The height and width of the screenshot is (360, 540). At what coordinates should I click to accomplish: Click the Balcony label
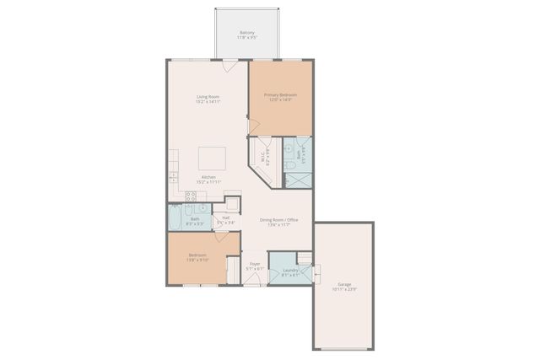tap(247, 33)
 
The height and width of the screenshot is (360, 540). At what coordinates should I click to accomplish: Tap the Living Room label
tap(208, 97)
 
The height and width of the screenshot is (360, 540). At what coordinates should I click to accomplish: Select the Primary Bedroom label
tap(280, 95)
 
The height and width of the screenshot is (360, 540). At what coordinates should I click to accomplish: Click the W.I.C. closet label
tap(265, 156)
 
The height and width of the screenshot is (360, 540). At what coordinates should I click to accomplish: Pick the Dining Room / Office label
tap(278, 220)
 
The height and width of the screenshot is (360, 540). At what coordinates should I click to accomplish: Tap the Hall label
tap(223, 219)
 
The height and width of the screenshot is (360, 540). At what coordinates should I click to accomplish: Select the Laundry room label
tap(290, 270)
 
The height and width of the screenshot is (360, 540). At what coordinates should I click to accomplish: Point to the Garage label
tap(344, 284)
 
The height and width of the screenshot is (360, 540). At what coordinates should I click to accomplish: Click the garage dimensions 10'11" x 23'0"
tap(344, 290)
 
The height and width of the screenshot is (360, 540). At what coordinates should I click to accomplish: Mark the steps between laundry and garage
tap(317, 272)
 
